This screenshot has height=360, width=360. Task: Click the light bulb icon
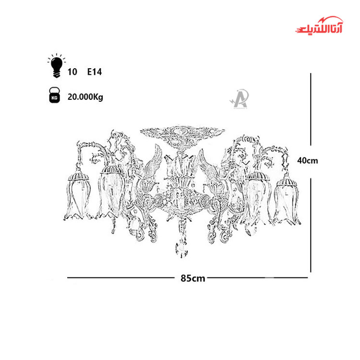pos(57,66)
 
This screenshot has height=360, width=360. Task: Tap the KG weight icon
pos(54,95)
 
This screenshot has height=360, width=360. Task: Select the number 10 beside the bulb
pos(72,72)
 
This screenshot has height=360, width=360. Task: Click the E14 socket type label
pos(95,72)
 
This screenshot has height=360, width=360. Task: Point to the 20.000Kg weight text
pos(85,97)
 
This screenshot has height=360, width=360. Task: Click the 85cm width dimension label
pos(192,278)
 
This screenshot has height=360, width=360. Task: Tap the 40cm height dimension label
pos(307,160)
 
